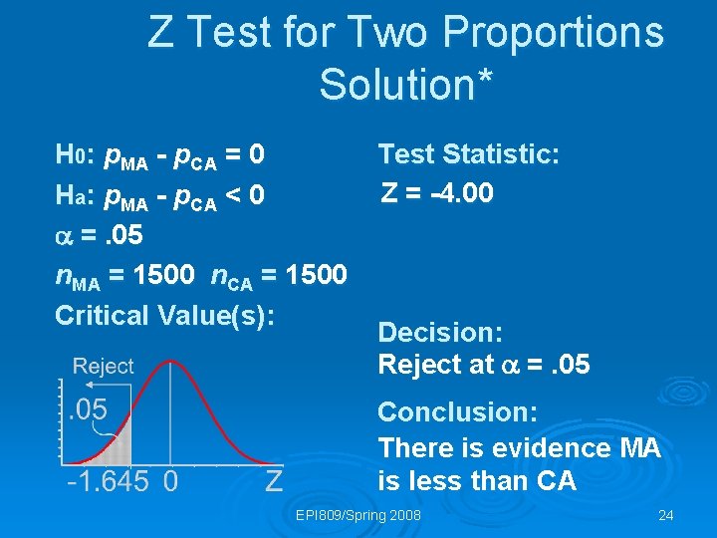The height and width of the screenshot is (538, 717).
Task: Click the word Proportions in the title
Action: pos(553,32)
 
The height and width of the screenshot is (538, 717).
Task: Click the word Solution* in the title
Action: pos(406,84)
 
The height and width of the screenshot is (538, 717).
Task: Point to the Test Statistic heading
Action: pos(468,154)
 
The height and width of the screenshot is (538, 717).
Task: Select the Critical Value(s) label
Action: pos(164,315)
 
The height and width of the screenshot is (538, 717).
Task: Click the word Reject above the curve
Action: pos(103,366)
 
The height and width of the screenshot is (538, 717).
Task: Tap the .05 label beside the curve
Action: pos(87,409)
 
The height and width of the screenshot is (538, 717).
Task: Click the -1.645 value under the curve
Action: pos(109,482)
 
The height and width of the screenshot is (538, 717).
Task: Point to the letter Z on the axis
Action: pos(275,482)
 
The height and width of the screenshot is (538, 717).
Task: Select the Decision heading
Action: pos(440,332)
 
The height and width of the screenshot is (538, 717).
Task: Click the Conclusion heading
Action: pos(457,411)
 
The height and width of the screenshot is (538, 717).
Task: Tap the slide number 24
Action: pos(666,515)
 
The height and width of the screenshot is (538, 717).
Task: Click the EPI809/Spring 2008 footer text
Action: pos(358,515)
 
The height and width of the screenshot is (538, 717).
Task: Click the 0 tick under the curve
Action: pos(170,482)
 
